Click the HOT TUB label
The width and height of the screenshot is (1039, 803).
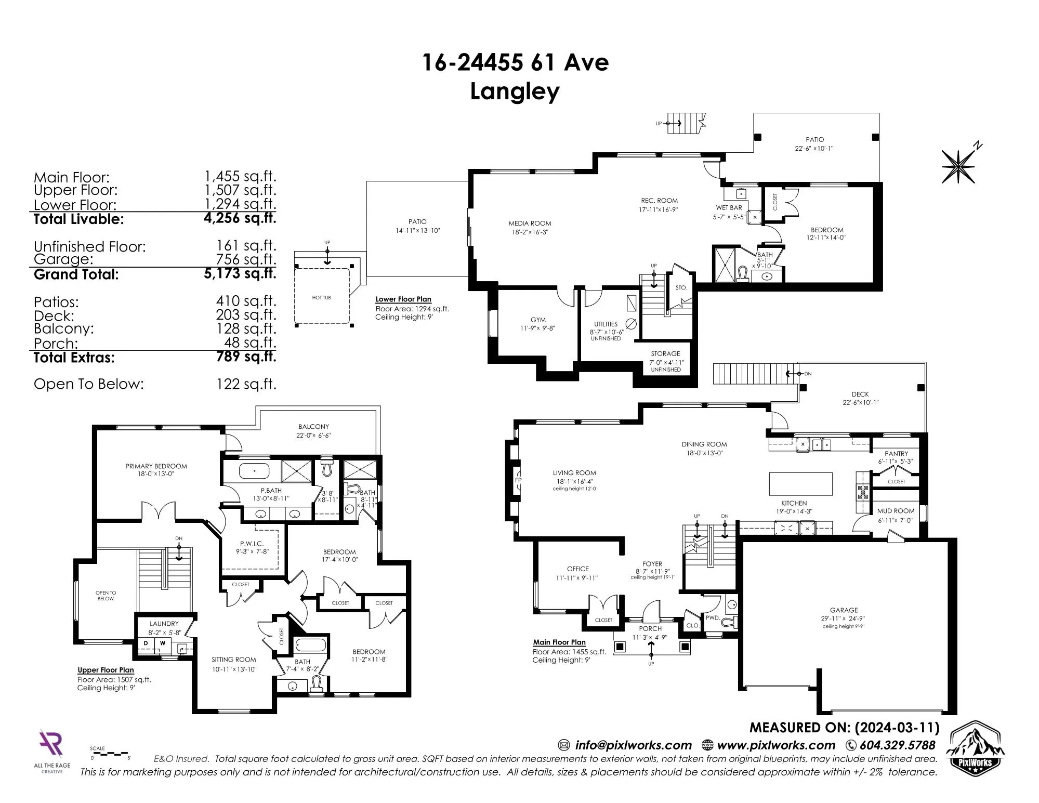[321, 298]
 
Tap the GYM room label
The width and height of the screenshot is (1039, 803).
[538, 320]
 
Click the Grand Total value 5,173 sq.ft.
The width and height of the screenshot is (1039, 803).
[240, 273]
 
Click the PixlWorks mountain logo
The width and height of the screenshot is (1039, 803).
[975, 748]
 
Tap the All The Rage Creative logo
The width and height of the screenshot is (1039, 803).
[51, 752]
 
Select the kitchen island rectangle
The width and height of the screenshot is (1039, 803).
[800, 483]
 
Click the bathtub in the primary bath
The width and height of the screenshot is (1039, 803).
[254, 471]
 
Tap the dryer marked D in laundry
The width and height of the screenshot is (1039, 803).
[146, 643]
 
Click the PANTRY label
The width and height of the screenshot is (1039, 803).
[896, 454]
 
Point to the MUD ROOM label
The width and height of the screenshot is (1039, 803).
[896, 511]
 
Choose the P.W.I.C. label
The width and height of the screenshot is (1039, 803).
[252, 544]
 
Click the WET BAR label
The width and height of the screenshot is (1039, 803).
[729, 208]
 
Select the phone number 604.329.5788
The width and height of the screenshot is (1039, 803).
[897, 745]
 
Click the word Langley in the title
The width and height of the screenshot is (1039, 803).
[515, 92]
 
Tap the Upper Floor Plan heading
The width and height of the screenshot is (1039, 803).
[106, 670]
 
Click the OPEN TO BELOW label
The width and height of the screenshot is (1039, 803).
[106, 596]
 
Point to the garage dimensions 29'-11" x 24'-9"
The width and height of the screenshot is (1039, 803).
[844, 618]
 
